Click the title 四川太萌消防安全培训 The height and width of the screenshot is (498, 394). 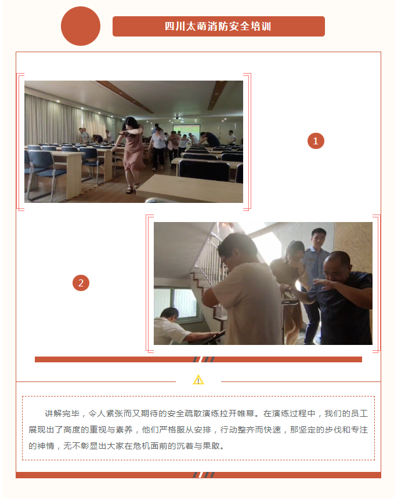click(x=218, y=26)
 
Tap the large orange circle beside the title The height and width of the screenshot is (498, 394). click(x=81, y=26)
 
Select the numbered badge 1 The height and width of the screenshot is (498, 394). click(x=316, y=141)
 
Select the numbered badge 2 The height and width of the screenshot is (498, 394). click(x=81, y=283)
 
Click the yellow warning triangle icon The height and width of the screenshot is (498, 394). click(x=198, y=380)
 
